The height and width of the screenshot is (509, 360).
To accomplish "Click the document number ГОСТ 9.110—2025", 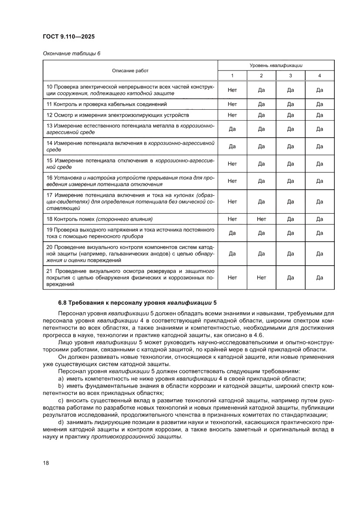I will [x=69, y=36].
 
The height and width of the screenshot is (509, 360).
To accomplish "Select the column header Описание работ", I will [x=130, y=70].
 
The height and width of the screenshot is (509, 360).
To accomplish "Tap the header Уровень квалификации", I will [x=276, y=65].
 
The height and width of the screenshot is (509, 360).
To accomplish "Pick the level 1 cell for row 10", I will [x=232, y=90].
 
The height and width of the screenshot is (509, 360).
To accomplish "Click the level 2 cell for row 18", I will [x=261, y=219].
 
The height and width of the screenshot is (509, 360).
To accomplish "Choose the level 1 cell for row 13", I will [x=232, y=129].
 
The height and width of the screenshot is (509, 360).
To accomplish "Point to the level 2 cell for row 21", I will [x=261, y=277].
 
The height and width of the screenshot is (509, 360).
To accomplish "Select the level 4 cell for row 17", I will [x=320, y=202].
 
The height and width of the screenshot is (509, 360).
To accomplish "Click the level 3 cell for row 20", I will [x=290, y=253].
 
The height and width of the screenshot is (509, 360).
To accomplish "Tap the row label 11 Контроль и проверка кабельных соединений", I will [x=107, y=104].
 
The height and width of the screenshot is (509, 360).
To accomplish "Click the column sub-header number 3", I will [x=290, y=76].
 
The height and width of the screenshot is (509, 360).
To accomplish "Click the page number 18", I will [x=46, y=462].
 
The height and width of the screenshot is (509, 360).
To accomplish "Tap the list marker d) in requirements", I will [x=61, y=423].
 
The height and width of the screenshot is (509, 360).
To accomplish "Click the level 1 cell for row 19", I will [x=232, y=233].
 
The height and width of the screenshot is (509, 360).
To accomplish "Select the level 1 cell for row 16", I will [x=232, y=181].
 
